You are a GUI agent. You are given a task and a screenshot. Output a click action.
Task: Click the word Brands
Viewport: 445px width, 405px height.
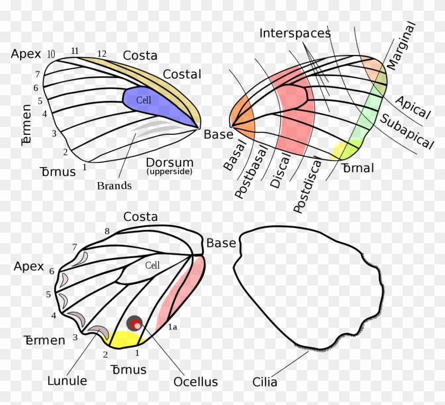point(114,186)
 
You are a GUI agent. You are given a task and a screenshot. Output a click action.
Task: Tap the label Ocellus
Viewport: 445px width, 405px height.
point(195,382)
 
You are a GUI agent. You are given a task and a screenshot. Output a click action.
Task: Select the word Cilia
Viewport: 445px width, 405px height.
point(265,382)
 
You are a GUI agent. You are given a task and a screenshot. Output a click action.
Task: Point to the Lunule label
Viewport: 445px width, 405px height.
point(67,380)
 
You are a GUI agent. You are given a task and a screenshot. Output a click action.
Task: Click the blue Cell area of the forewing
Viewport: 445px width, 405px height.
point(154,103)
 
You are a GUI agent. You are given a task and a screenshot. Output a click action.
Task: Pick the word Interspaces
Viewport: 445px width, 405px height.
point(295,33)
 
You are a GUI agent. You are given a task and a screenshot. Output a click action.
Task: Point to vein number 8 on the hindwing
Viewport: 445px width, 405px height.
point(107,231)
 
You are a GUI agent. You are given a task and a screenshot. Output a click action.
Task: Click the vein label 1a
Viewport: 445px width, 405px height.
point(173,327)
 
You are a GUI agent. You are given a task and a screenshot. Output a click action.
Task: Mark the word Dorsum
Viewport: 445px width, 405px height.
point(170,162)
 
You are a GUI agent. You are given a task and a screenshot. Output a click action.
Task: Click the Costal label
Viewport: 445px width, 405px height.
point(182,75)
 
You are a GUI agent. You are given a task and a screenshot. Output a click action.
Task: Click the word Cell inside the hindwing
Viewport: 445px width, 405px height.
point(153,265)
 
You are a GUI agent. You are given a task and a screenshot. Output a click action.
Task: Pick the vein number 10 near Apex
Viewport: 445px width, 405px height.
point(51,54)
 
